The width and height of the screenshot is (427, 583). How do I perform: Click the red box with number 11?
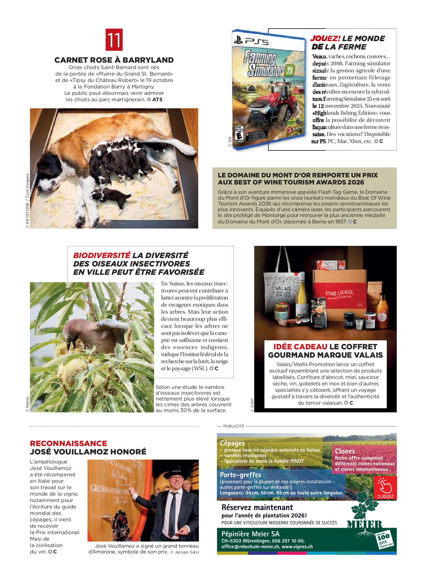[114, 40]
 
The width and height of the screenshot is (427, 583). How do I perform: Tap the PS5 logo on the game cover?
[251, 41]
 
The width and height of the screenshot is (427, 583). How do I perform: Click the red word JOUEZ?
[325, 39]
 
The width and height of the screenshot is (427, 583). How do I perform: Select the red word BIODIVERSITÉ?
[102, 256]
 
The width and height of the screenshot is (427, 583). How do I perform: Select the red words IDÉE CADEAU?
[300, 347]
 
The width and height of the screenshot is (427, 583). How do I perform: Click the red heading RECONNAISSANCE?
[69, 444]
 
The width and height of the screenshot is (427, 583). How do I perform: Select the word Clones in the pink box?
[345, 451]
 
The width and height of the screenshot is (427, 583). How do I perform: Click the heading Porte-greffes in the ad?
[240, 475]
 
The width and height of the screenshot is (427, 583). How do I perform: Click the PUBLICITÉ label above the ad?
[234, 426]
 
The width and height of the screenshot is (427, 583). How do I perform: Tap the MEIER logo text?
[364, 525]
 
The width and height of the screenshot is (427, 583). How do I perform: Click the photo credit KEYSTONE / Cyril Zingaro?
[27, 201]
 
